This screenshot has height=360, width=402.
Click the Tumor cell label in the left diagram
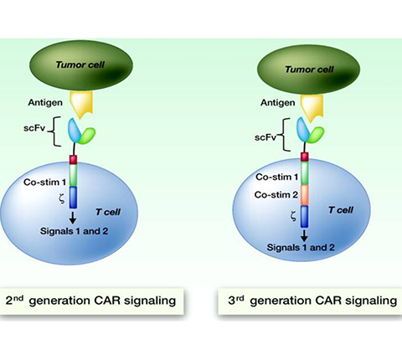[80, 65]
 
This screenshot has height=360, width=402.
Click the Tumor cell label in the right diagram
[309, 69]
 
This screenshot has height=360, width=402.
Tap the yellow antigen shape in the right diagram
[312, 108]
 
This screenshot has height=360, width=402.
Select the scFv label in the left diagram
[34, 129]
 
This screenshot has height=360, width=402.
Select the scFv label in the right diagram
[265, 137]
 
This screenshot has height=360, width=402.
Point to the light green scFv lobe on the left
[87, 136]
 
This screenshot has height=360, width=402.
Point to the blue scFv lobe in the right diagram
[303, 130]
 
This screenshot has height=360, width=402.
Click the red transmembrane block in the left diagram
[73, 160]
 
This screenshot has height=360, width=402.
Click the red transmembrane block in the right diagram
[305, 157]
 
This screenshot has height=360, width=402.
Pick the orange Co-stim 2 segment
[305, 195]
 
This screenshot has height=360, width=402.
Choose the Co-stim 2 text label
[276, 195]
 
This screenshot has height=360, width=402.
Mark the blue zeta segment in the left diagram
[73, 198]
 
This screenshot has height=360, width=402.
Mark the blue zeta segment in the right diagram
[305, 217]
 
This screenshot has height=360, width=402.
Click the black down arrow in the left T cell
[73, 218]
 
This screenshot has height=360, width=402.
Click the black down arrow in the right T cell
[305, 236]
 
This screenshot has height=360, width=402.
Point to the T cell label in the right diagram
[341, 210]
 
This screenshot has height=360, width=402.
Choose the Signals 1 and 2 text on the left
[74, 231]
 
